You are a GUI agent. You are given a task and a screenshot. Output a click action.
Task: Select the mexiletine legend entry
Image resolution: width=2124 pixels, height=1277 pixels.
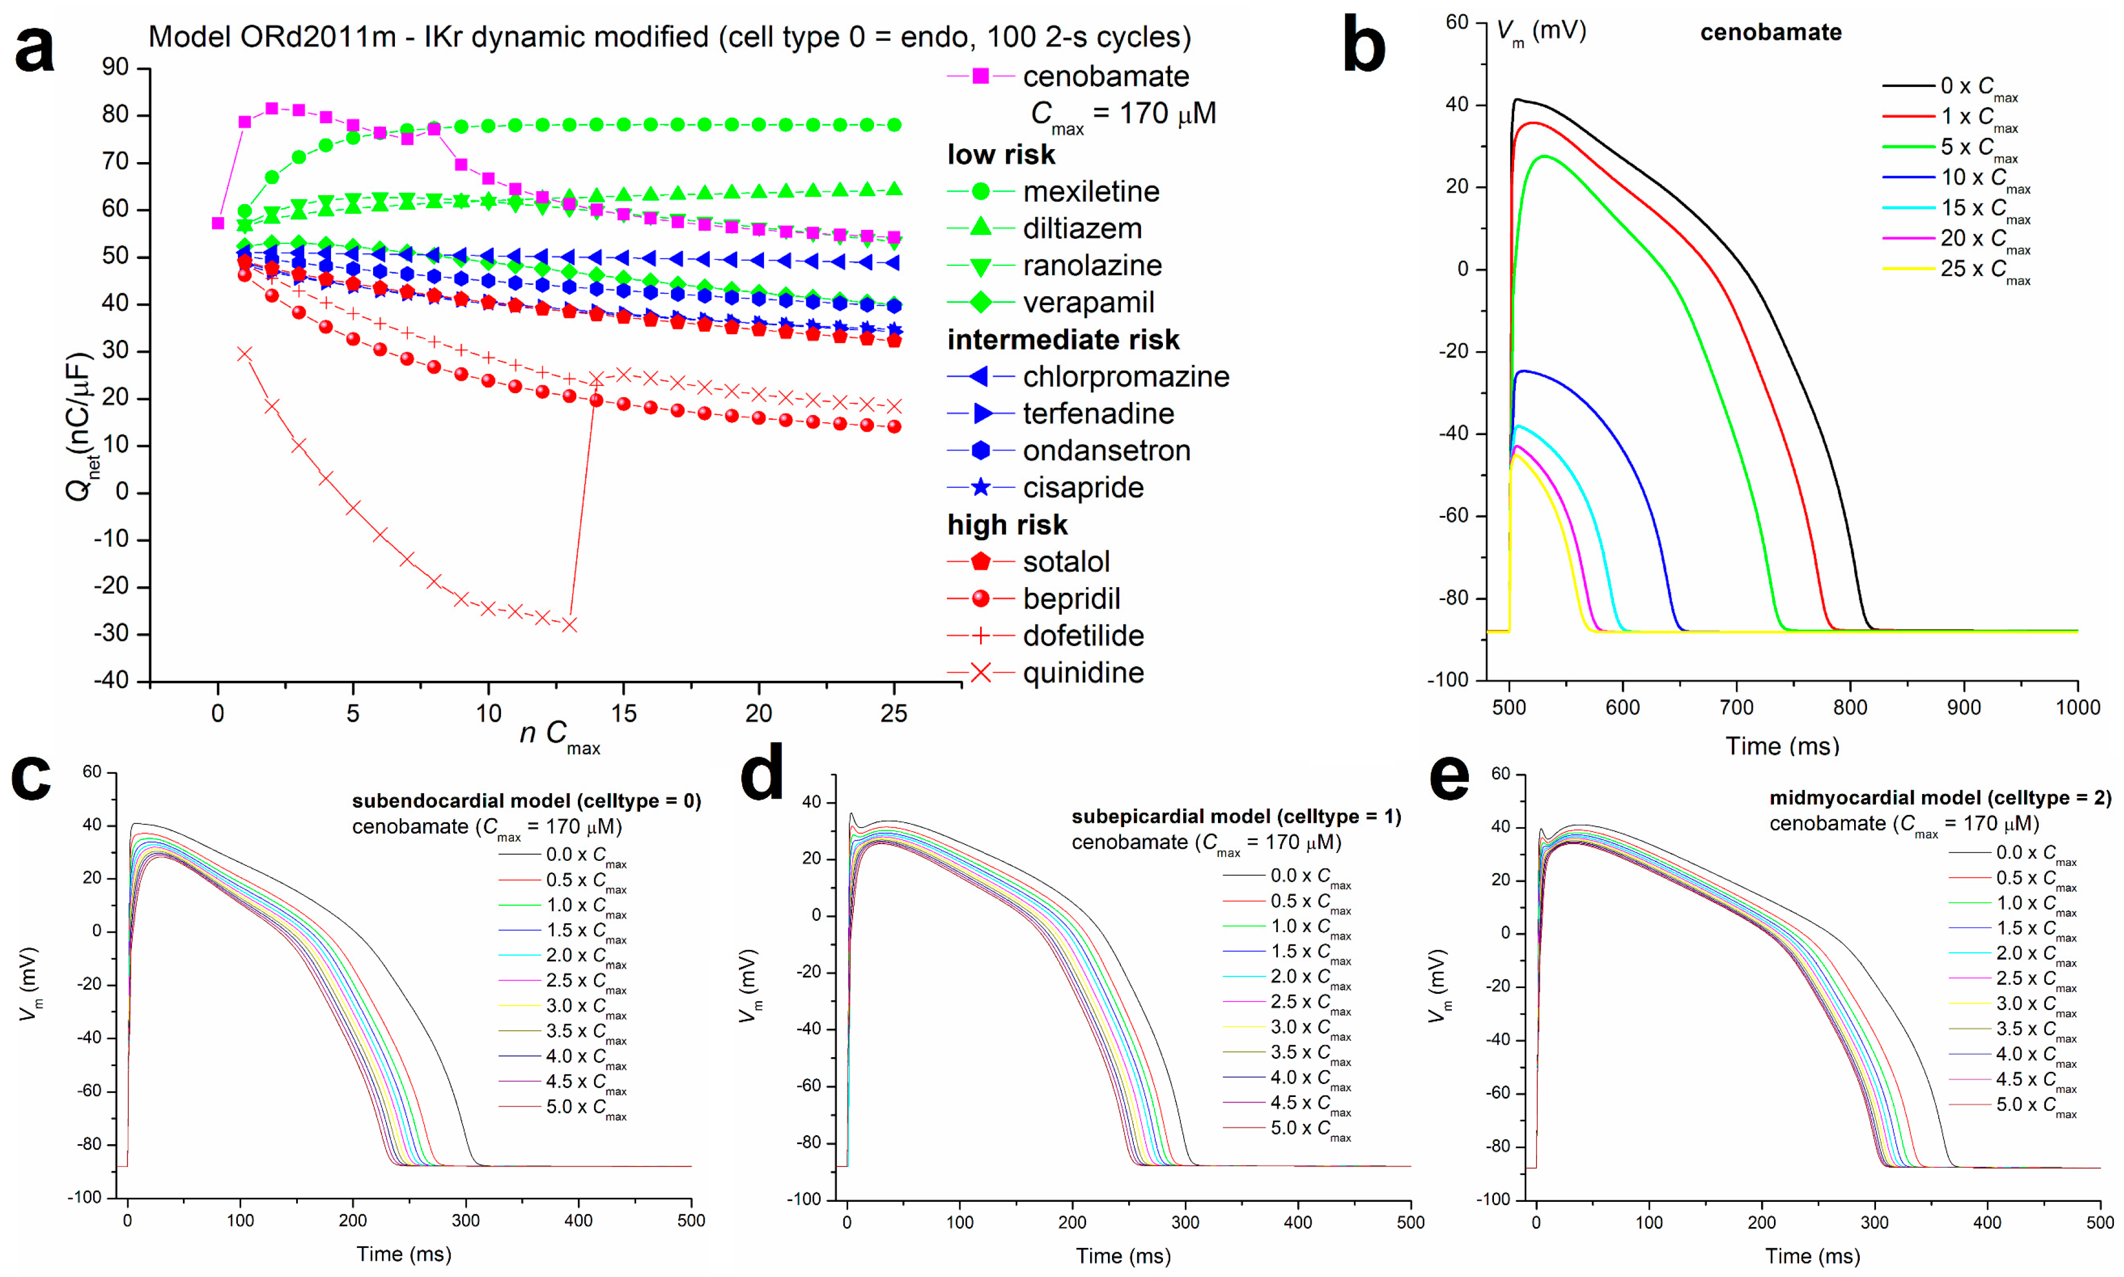pyautogui.click(x=1091, y=191)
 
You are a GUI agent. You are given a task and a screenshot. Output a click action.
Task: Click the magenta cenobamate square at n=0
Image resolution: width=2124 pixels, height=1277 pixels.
pyautogui.click(x=218, y=223)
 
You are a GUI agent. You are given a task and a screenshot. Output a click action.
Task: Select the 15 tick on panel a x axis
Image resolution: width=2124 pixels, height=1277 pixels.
pyautogui.click(x=623, y=713)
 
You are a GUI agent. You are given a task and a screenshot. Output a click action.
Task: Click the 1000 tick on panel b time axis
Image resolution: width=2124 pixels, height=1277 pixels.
pyautogui.click(x=2077, y=707)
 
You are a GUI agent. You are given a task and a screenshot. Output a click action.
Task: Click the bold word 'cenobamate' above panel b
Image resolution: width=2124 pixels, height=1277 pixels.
pyautogui.click(x=1771, y=33)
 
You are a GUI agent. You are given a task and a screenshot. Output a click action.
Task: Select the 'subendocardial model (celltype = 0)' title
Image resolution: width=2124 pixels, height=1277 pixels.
pyautogui.click(x=526, y=801)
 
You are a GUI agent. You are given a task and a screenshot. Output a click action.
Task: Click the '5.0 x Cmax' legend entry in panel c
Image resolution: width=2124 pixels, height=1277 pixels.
pyautogui.click(x=585, y=1108)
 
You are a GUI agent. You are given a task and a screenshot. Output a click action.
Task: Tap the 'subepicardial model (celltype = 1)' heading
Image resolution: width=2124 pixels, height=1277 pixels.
pyautogui.click(x=1236, y=816)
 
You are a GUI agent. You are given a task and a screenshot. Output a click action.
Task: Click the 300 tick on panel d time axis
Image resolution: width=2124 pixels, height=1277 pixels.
pyautogui.click(x=1185, y=1222)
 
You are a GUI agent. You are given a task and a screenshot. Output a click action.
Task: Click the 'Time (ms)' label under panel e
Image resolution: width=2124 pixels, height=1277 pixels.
pyautogui.click(x=1813, y=1256)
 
